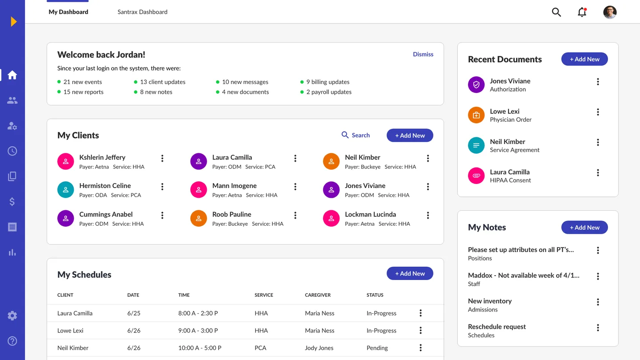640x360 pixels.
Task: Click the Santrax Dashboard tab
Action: tap(142, 12)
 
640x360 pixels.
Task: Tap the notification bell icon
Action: tap(582, 12)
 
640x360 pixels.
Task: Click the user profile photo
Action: tap(610, 12)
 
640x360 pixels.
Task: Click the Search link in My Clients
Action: tap(356, 135)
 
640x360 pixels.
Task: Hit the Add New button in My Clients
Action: tap(409, 136)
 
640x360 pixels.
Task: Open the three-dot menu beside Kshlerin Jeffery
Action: tap(162, 158)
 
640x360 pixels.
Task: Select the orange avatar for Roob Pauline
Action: tap(199, 218)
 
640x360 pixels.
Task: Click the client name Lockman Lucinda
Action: tap(370, 214)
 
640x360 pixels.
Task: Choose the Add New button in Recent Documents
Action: tap(584, 59)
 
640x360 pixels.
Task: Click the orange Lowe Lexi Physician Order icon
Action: tap(476, 115)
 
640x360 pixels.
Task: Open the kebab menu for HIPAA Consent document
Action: tap(598, 172)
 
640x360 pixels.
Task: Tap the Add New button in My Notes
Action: tap(584, 228)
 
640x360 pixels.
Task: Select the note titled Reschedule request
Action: tap(496, 327)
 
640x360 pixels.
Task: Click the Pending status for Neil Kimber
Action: tap(377, 348)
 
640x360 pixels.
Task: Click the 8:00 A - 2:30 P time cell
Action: tap(198, 313)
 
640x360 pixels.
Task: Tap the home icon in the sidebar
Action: tap(12, 75)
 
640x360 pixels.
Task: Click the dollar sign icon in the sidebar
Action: tap(12, 202)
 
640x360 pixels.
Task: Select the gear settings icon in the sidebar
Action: tap(12, 316)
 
